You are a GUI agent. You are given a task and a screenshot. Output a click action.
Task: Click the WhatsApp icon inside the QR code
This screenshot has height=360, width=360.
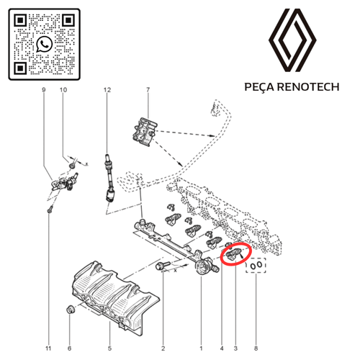(45, 44)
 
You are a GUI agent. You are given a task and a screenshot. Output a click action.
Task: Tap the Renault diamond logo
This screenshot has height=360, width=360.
(292, 40)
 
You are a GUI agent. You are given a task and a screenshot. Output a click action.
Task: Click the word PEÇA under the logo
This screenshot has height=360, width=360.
(259, 86)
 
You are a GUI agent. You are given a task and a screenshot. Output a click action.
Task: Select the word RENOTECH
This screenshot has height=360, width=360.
(308, 86)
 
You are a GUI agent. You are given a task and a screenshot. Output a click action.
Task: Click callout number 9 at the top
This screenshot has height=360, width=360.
(44, 90)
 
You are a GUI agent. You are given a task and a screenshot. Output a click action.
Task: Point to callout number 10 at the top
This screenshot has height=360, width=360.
(63, 90)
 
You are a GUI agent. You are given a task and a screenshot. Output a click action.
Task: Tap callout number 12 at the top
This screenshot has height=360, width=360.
(107, 90)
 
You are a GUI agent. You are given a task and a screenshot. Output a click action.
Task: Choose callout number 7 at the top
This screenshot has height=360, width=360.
(148, 90)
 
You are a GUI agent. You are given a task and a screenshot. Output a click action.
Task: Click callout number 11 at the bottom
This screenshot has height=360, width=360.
(48, 348)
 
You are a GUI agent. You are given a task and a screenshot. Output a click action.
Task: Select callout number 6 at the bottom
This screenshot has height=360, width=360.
(70, 348)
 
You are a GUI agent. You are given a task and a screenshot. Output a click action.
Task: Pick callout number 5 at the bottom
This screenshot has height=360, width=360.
(109, 348)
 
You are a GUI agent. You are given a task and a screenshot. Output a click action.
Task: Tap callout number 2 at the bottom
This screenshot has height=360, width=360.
(163, 348)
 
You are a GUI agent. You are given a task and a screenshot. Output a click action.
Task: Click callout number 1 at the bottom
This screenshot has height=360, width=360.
(201, 348)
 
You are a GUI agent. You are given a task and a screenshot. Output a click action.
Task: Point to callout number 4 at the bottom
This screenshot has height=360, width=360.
(222, 348)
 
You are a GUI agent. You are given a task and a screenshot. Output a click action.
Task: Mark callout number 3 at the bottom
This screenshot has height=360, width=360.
(235, 348)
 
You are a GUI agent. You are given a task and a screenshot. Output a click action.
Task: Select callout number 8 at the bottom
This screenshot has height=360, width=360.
(256, 348)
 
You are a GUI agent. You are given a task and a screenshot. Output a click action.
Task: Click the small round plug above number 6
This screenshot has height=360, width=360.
(71, 309)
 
